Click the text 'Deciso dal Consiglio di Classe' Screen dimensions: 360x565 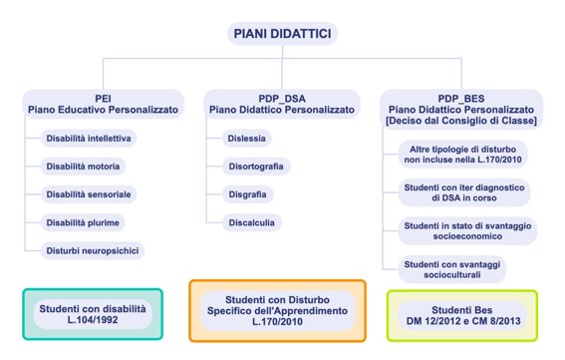click(461, 121)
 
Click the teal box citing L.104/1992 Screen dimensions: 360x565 click(92, 315)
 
